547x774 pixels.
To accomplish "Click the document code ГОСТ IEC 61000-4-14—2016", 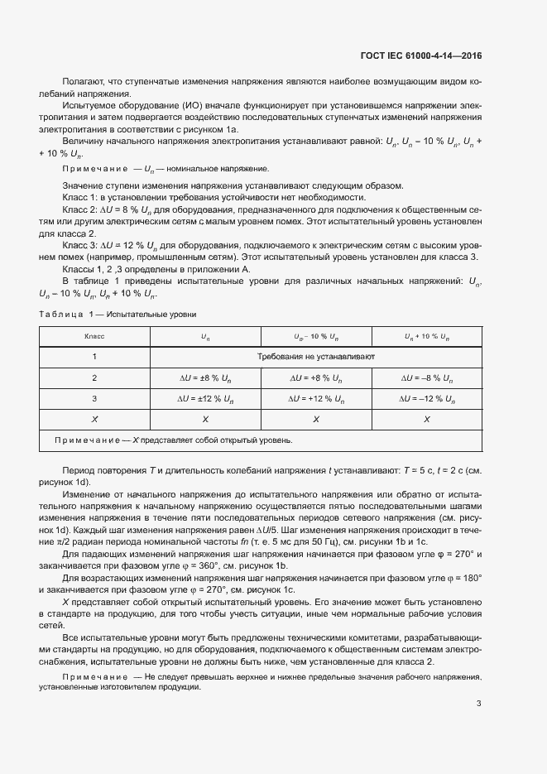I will pyautogui.click(x=421, y=55).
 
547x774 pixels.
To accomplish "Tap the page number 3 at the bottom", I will pyautogui.click(x=478, y=704).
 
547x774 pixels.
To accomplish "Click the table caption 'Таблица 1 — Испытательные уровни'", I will pyautogui.click(x=118, y=315).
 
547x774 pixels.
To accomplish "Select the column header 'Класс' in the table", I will pyautogui.click(x=94, y=337).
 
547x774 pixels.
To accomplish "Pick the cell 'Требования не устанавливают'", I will pyautogui.click(x=316, y=357).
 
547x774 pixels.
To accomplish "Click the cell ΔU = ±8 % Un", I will pyautogui.click(x=205, y=378).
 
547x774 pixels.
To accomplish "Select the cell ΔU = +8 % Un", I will pyautogui.click(x=316, y=378).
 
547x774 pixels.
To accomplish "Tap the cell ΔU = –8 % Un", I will pyautogui.click(x=427, y=378).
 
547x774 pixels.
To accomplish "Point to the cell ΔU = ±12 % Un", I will pyautogui.click(x=205, y=399).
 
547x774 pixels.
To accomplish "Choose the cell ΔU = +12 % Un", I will pyautogui.click(x=316, y=399).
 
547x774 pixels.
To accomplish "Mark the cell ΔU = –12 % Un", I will pyautogui.click(x=427, y=399).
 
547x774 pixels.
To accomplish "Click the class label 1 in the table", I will pyautogui.click(x=94, y=357).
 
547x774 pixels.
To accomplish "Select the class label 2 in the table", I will pyautogui.click(x=94, y=378).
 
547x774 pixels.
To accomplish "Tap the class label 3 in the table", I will pyautogui.click(x=94, y=399).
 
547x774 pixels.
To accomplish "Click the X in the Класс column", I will pyautogui.click(x=94, y=420).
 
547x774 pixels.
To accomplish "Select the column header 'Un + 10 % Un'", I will pyautogui.click(x=427, y=337).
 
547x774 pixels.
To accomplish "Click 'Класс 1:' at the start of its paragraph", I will pyautogui.click(x=81, y=197).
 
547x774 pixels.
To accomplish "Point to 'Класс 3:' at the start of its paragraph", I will pyautogui.click(x=81, y=246).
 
